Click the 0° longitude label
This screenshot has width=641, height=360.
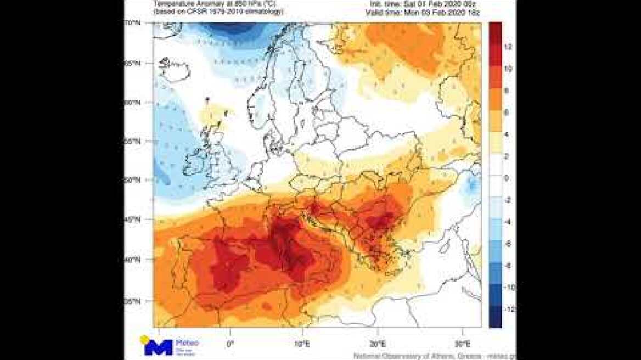(230, 344)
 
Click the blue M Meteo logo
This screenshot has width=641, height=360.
(159, 347)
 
